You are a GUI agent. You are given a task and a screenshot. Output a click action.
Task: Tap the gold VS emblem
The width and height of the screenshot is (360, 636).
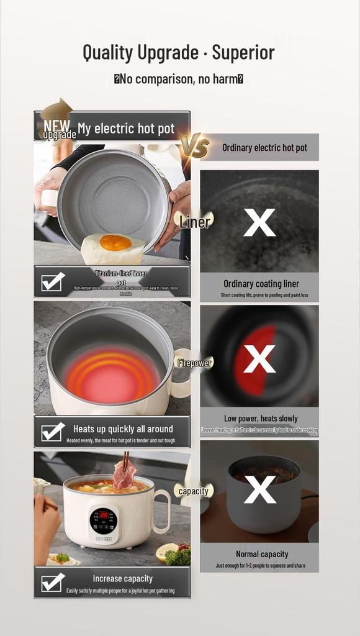point(194,146)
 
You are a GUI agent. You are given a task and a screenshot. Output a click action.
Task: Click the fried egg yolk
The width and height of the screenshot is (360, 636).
point(115,242)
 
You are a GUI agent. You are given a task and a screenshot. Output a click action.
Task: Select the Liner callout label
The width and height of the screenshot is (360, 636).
point(195,222)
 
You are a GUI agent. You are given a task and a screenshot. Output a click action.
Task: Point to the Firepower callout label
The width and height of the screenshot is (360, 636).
point(194,363)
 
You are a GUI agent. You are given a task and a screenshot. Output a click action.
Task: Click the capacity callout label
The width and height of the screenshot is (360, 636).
point(193,491)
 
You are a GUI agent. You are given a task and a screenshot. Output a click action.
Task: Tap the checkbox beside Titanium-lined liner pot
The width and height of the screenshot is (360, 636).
point(53,282)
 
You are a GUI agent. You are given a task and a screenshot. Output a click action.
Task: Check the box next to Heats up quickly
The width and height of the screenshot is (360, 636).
point(53,432)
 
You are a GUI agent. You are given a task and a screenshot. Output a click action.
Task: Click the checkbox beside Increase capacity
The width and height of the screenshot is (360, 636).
point(53,582)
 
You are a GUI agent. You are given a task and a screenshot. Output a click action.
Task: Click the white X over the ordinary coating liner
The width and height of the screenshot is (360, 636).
point(259,222)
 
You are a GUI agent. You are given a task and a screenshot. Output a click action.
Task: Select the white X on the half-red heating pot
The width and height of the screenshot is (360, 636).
point(259,359)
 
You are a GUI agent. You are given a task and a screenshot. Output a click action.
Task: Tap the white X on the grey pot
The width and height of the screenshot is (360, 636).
point(259,490)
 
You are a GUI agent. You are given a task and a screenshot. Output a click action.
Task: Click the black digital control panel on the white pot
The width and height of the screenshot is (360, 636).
point(103,520)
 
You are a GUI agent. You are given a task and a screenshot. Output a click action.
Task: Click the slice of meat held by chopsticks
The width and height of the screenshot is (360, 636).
point(124,475)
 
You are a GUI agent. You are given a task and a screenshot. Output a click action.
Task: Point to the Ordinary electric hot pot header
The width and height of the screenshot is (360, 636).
point(264,148)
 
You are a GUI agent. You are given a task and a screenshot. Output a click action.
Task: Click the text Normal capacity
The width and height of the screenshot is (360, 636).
point(262,554)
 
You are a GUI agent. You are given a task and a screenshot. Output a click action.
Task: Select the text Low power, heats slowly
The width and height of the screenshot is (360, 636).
point(261,419)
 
